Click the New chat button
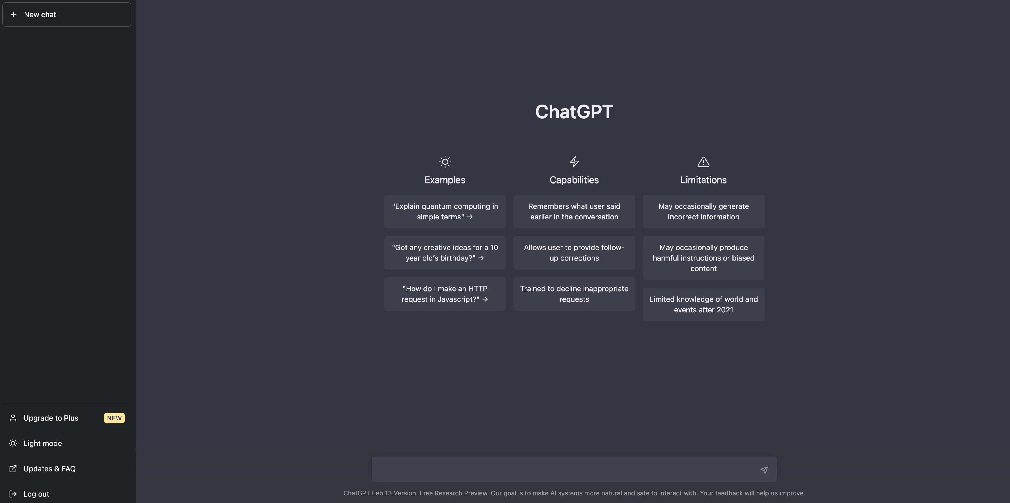[67, 15]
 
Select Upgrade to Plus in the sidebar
[50, 418]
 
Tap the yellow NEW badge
[114, 418]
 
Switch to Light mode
[42, 443]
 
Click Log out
[36, 494]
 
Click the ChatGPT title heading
[574, 112]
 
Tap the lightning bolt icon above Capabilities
[574, 162]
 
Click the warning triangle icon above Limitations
[703, 162]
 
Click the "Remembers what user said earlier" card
[574, 211]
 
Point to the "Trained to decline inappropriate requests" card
[574, 294]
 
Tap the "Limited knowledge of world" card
[703, 304]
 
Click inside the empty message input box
[565, 469]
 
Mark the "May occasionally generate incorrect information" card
[703, 211]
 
